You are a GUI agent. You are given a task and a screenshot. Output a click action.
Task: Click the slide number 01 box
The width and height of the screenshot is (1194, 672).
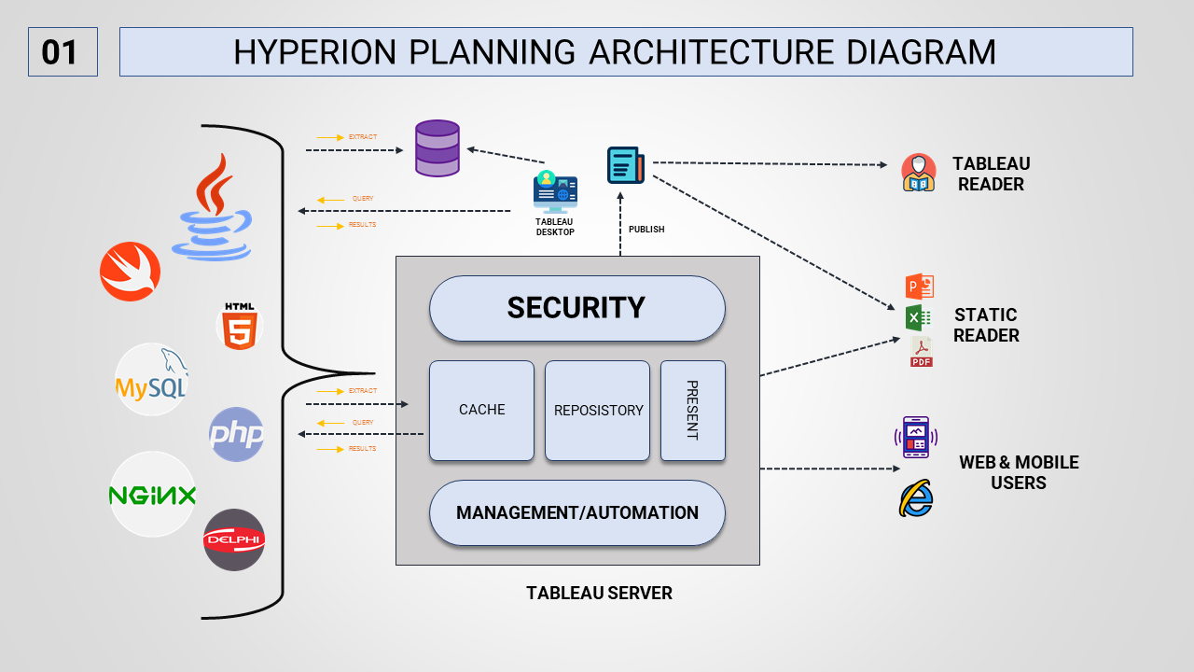(x=62, y=51)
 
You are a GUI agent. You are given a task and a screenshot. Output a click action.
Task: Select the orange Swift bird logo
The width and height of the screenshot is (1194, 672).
(x=131, y=272)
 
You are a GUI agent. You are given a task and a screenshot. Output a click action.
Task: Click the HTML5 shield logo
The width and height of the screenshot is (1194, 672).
(x=240, y=327)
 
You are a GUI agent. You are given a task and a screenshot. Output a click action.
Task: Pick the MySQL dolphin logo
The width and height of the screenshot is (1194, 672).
(x=151, y=379)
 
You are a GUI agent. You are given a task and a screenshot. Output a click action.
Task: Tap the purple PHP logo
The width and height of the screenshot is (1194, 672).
(x=237, y=434)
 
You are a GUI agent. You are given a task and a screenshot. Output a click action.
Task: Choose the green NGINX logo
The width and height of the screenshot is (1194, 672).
(x=152, y=495)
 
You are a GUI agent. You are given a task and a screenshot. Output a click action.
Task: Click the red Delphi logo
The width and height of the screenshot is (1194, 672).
(x=234, y=539)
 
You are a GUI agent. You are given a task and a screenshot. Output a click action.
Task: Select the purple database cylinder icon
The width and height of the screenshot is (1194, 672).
(x=437, y=148)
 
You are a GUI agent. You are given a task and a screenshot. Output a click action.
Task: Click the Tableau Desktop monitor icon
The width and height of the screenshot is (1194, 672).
(x=555, y=192)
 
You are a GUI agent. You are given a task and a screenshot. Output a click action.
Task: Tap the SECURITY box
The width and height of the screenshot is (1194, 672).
(x=576, y=308)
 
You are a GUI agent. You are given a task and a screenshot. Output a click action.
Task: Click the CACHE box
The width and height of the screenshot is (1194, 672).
(x=481, y=411)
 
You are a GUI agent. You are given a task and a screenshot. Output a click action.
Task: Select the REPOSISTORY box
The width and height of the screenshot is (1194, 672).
(x=598, y=411)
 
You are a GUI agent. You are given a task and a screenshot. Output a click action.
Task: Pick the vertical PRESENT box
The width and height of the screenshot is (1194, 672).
(x=692, y=411)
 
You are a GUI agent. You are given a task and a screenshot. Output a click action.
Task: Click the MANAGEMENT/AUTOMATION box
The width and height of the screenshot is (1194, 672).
(x=576, y=513)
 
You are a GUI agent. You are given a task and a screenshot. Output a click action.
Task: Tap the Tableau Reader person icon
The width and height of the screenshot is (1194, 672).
(x=919, y=173)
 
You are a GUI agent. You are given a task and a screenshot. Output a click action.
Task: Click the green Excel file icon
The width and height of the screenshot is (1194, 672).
(x=919, y=318)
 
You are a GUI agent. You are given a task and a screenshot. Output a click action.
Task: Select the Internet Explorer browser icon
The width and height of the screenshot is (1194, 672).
(x=916, y=499)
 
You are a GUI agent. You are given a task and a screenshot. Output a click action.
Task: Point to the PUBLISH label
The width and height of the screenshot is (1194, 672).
(x=646, y=230)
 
